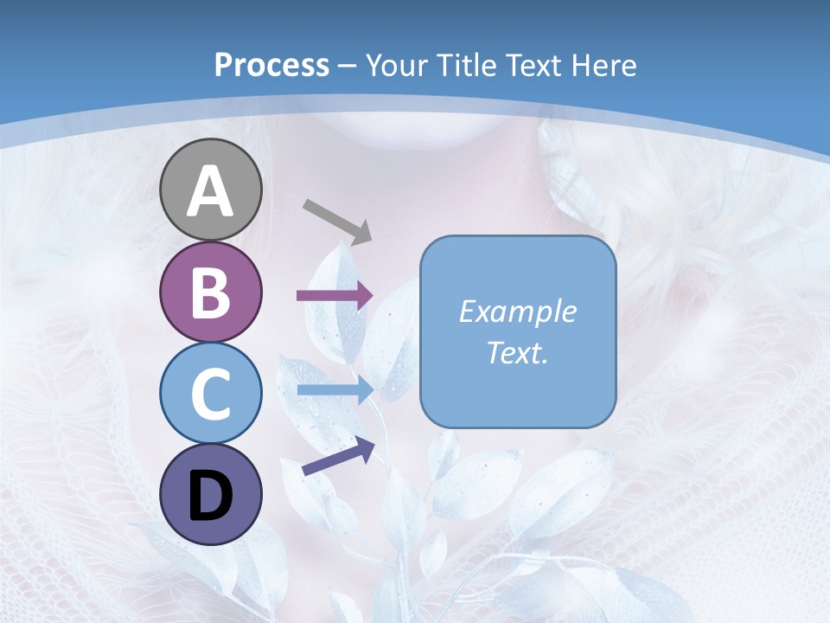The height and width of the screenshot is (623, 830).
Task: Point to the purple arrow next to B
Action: coord(335,295)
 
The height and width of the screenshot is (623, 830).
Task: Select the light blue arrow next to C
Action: coord(335,390)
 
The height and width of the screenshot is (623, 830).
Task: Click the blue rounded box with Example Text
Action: coord(518,331)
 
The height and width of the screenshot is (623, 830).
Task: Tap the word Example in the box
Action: coord(518,311)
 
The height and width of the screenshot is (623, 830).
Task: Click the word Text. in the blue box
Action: coord(518,352)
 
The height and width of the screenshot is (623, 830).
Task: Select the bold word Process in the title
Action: coord(271,65)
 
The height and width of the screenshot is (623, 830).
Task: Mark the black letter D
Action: coord(210,496)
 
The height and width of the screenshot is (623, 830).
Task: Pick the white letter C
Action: coord(210,394)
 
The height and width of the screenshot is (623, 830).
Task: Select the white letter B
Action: coord(210,292)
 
